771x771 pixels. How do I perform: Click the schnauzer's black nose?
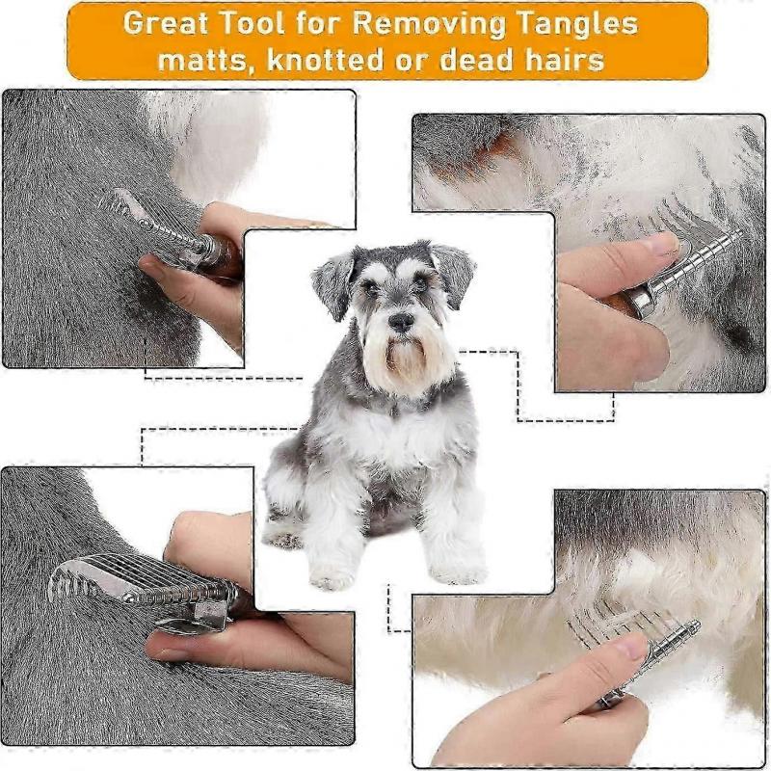point(400,322)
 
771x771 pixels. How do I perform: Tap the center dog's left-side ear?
point(333,280)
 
